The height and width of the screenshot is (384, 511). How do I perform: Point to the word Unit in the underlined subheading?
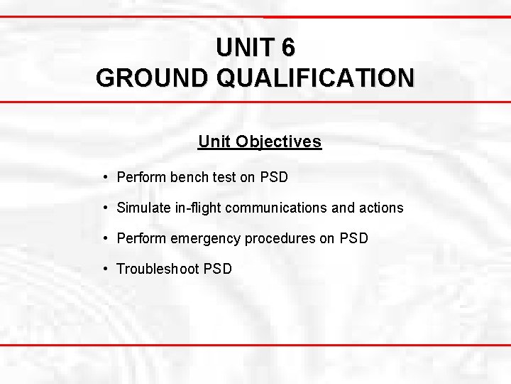[x=214, y=142]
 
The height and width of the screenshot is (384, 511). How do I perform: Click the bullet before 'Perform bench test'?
[x=104, y=177]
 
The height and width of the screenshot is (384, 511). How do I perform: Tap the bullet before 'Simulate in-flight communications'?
[x=104, y=208]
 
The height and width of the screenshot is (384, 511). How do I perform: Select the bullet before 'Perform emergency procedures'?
[x=104, y=238]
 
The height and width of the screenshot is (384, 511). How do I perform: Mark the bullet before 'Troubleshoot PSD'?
[x=104, y=269]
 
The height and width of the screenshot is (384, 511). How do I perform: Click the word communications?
[x=278, y=208]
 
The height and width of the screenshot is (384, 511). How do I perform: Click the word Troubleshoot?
[x=158, y=269]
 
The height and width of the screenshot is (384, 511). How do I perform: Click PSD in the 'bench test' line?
[x=274, y=177]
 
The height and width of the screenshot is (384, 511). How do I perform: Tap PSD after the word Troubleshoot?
[x=218, y=269]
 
